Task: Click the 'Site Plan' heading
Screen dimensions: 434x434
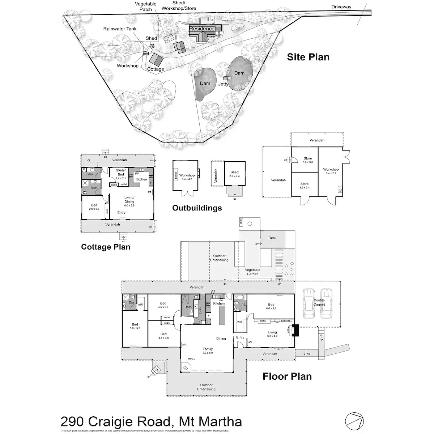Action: tap(308, 57)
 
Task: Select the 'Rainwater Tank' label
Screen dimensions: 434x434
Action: tap(120, 29)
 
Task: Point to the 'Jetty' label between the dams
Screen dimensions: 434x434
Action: tap(223, 84)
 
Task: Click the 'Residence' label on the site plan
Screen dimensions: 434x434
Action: tap(202, 29)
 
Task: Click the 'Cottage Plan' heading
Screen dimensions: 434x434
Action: tap(106, 247)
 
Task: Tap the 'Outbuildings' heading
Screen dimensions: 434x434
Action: tap(197, 208)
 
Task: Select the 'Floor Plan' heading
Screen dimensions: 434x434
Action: tap(287, 376)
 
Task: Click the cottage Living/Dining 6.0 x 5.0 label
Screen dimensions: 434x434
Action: tap(129, 201)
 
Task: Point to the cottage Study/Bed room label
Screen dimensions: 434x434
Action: tap(120, 173)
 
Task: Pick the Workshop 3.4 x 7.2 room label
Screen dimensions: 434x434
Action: tap(331, 171)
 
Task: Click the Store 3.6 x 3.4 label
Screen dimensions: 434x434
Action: tap(305, 186)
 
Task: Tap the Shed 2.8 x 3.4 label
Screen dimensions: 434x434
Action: tap(234, 174)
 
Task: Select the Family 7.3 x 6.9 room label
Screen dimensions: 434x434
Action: tap(208, 351)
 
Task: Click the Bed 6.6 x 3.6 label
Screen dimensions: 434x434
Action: tap(271, 306)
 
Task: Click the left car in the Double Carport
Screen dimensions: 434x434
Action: tap(309, 303)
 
